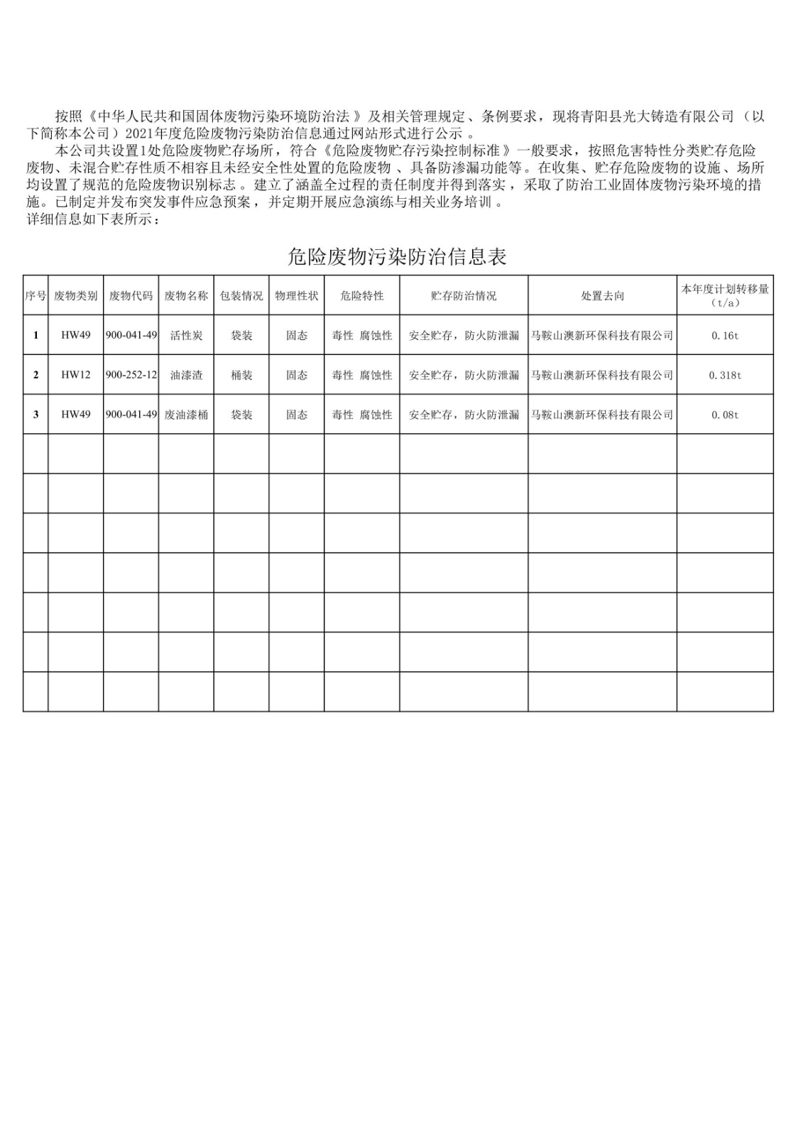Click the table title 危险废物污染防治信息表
point(397,257)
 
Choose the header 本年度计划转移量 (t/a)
point(725,295)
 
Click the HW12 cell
point(76,375)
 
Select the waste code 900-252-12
point(131,375)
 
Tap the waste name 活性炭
point(186,336)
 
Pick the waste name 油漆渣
point(186,375)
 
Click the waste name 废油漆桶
point(186,415)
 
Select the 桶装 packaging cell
point(241,375)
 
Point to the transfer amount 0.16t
point(725,336)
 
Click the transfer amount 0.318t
point(725,375)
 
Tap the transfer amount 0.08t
point(725,415)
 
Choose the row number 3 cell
point(35,415)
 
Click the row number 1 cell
point(35,336)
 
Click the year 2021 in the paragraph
point(139,133)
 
